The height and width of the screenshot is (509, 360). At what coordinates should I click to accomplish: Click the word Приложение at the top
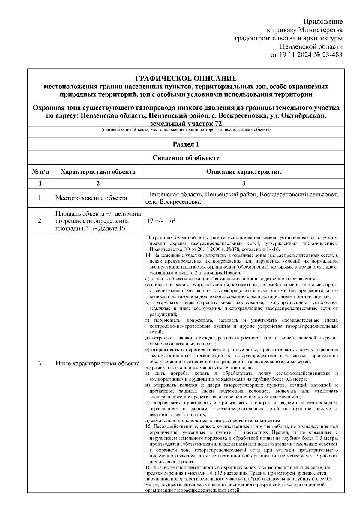point(323,22)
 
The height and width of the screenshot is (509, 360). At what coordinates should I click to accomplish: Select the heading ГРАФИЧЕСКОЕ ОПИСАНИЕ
point(186,79)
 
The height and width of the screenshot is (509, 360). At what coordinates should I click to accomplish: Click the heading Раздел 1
point(186,144)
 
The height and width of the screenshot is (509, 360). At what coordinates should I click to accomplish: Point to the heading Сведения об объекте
point(186,158)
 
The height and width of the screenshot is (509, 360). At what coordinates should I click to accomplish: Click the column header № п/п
point(40,172)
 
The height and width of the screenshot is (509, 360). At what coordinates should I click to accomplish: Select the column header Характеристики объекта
point(98,172)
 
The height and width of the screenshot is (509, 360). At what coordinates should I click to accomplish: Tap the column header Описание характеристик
point(244,172)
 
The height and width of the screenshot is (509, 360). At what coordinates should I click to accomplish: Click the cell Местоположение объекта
point(91,198)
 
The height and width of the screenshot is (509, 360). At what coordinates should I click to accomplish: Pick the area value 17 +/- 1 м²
point(161,221)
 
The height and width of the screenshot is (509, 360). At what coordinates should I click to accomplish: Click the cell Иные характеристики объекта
point(98,364)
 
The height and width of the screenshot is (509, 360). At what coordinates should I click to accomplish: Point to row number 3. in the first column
point(40,364)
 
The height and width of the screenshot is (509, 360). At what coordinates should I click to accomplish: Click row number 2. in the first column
point(40,221)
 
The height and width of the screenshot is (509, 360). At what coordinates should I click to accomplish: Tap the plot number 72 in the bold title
point(218,124)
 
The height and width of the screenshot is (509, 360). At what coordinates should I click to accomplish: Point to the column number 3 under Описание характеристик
point(244,183)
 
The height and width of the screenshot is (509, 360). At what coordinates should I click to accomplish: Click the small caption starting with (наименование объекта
point(186,130)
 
